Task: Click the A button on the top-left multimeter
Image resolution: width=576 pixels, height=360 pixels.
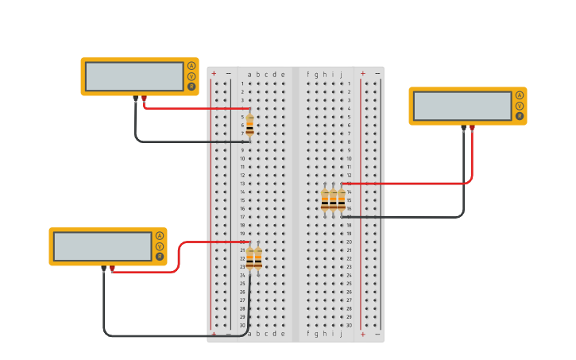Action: (x=191, y=66)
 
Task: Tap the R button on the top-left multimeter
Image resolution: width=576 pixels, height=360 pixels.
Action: (x=191, y=87)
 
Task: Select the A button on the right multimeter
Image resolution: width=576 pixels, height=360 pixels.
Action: (x=520, y=95)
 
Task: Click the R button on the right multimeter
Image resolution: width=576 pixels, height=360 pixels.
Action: (x=520, y=116)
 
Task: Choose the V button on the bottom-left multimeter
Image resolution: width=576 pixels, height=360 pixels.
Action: (x=160, y=246)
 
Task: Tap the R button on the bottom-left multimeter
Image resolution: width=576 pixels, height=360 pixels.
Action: (x=160, y=257)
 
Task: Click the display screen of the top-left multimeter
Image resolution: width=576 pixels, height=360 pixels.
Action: (x=134, y=76)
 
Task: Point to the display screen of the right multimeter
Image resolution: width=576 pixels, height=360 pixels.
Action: (x=462, y=106)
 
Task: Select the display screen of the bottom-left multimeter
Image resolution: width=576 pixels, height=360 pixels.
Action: (x=102, y=246)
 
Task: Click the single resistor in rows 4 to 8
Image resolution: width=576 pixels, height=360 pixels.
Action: (x=249, y=125)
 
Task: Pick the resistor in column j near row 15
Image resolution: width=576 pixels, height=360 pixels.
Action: (x=342, y=200)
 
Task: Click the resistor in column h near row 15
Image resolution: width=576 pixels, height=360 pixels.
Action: (x=325, y=200)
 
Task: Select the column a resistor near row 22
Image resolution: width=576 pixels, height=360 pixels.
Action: (x=249, y=257)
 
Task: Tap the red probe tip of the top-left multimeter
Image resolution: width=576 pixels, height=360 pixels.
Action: (x=144, y=99)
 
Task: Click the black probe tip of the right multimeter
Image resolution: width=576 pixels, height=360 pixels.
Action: (x=463, y=128)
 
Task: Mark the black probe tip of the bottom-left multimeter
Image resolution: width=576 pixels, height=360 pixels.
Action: (x=103, y=269)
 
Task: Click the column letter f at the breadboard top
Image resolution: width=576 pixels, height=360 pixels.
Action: (x=308, y=75)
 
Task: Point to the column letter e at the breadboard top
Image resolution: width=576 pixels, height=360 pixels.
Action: (x=283, y=75)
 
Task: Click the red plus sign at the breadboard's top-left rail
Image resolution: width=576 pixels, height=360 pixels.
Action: (x=214, y=74)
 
